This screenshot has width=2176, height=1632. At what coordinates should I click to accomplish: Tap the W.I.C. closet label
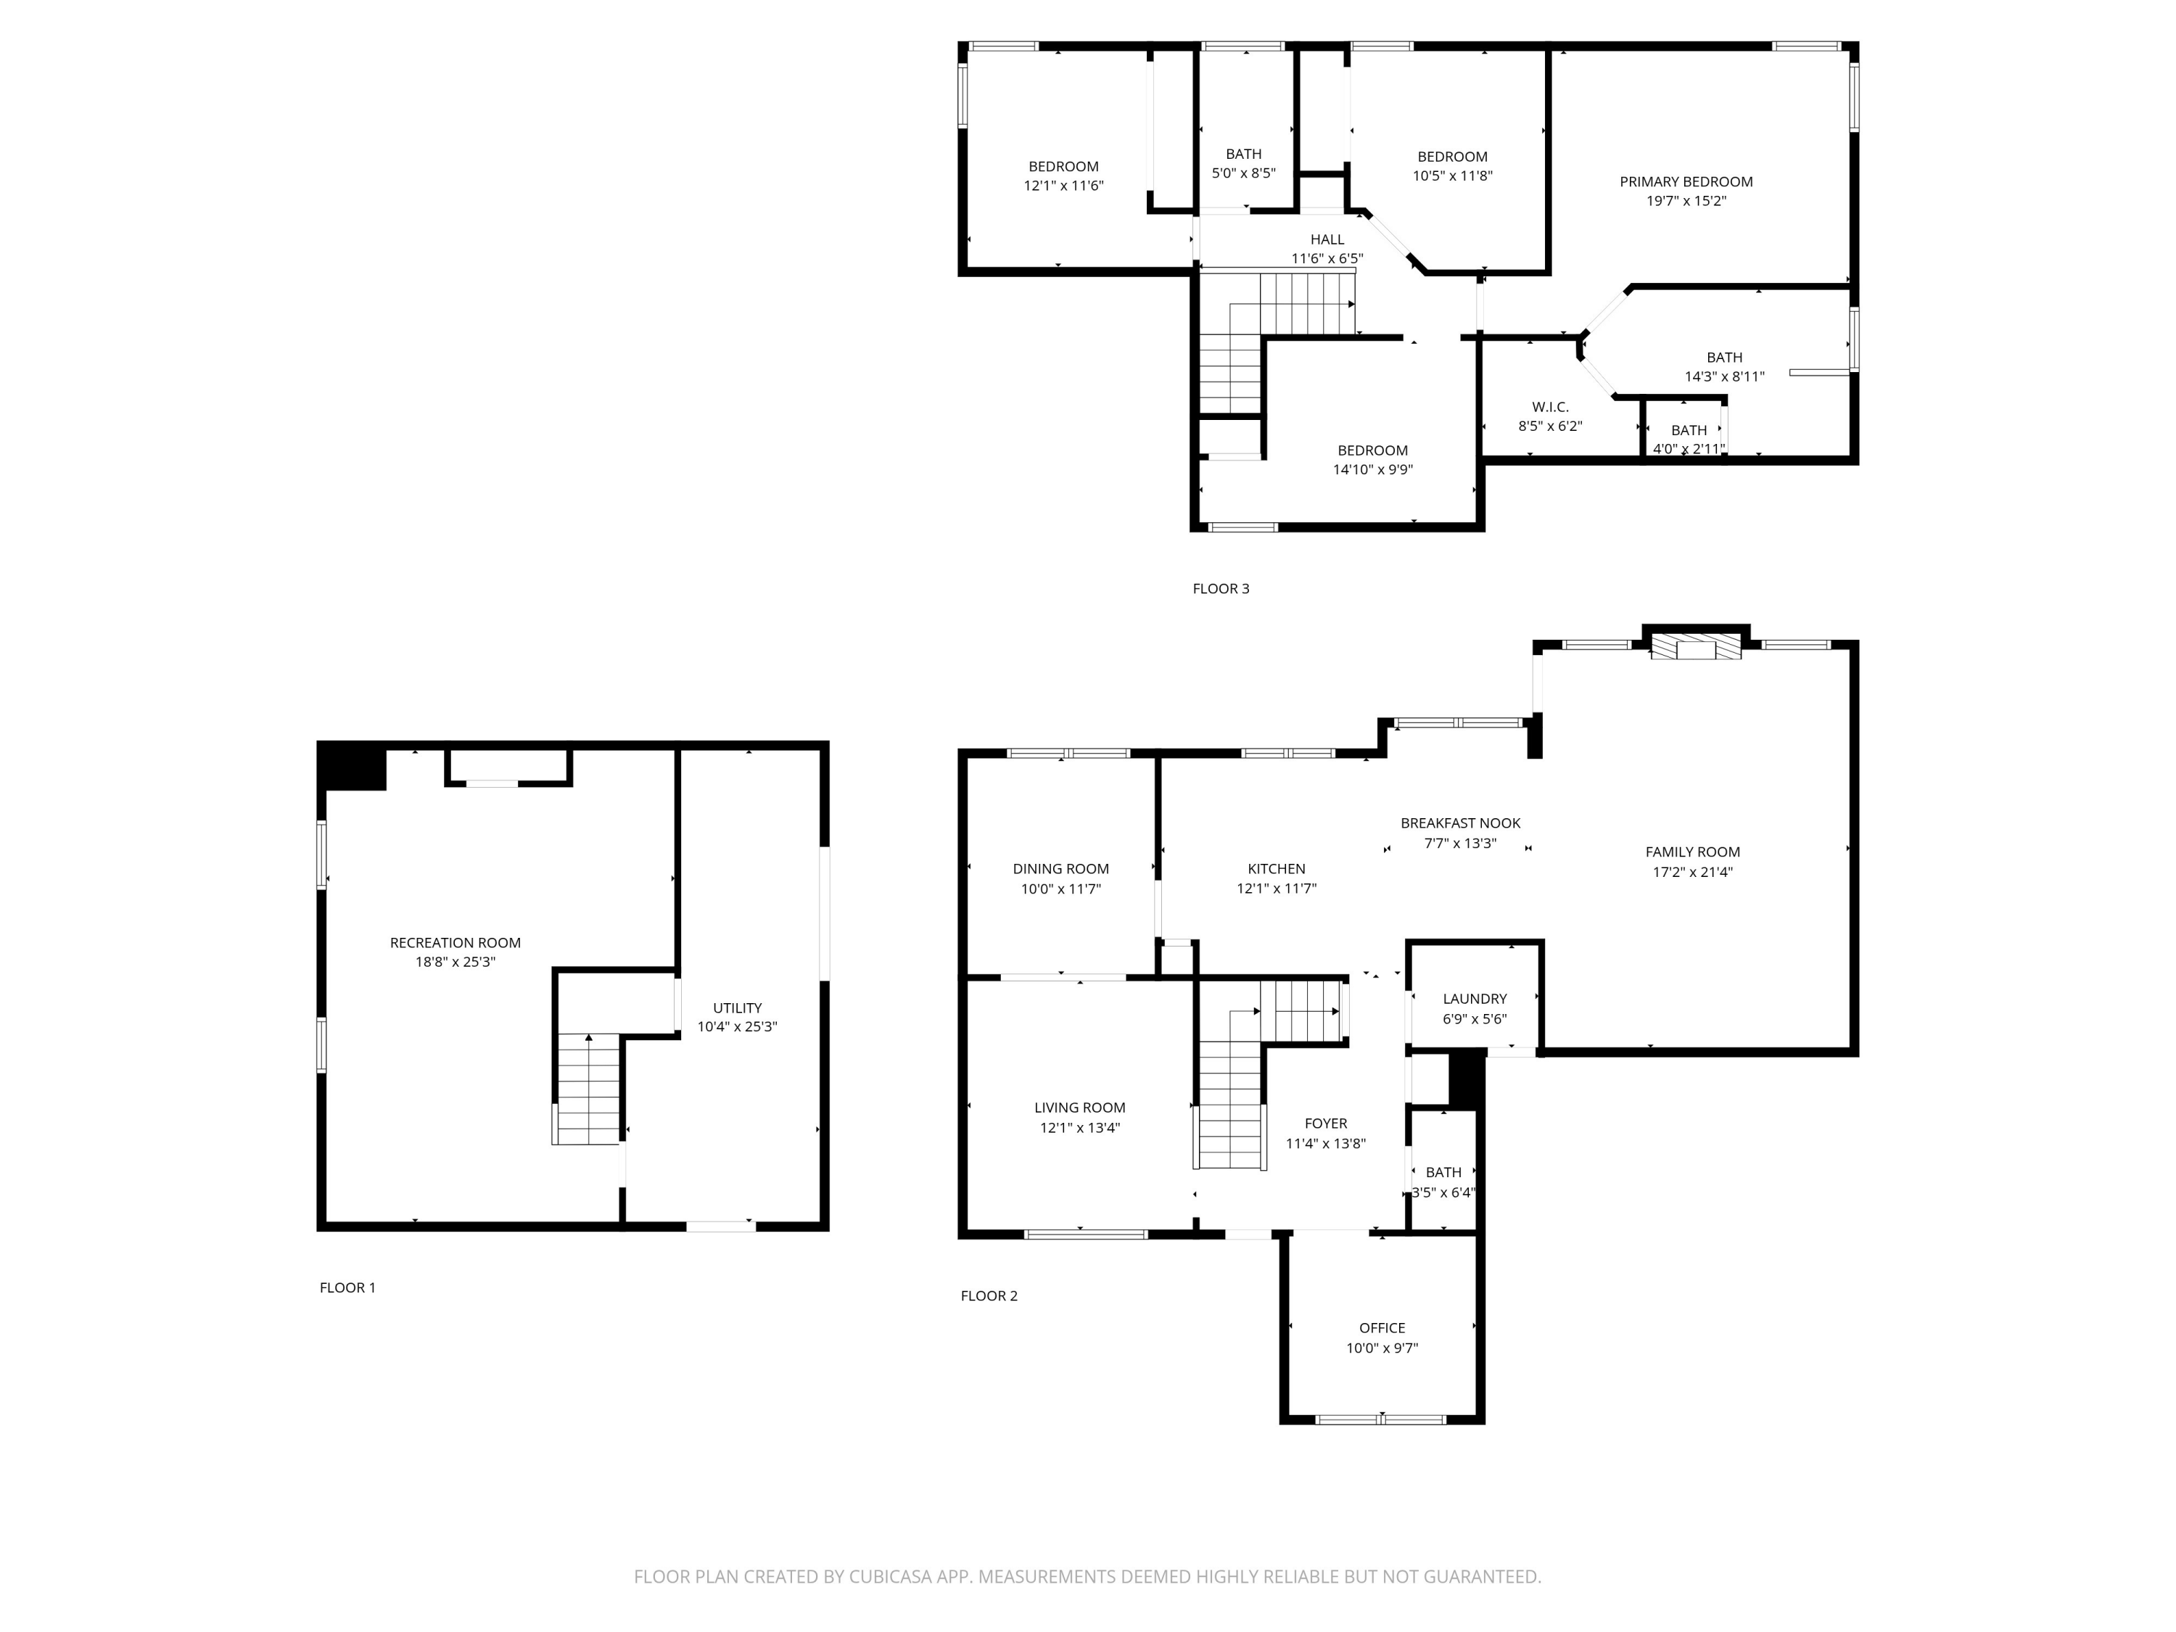(x=1549, y=407)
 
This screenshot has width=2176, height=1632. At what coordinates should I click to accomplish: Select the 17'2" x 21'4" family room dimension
(x=1692, y=872)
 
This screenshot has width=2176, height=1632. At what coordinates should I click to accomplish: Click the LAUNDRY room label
(x=1474, y=999)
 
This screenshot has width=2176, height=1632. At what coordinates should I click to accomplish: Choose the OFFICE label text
(x=1381, y=1328)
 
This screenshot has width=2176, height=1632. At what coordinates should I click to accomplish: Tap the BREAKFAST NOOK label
(x=1460, y=823)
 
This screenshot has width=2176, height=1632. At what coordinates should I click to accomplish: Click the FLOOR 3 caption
(x=1220, y=589)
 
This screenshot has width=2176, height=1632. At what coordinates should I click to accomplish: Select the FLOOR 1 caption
(x=347, y=1287)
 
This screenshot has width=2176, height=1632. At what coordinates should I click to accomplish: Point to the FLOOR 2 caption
(x=989, y=1295)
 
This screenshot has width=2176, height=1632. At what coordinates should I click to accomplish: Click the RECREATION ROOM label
(x=455, y=942)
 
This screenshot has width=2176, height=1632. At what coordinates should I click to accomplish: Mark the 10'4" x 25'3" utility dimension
(x=737, y=1027)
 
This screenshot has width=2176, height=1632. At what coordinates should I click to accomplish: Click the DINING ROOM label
(x=1060, y=869)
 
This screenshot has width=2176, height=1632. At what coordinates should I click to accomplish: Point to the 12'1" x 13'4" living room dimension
(x=1079, y=1127)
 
